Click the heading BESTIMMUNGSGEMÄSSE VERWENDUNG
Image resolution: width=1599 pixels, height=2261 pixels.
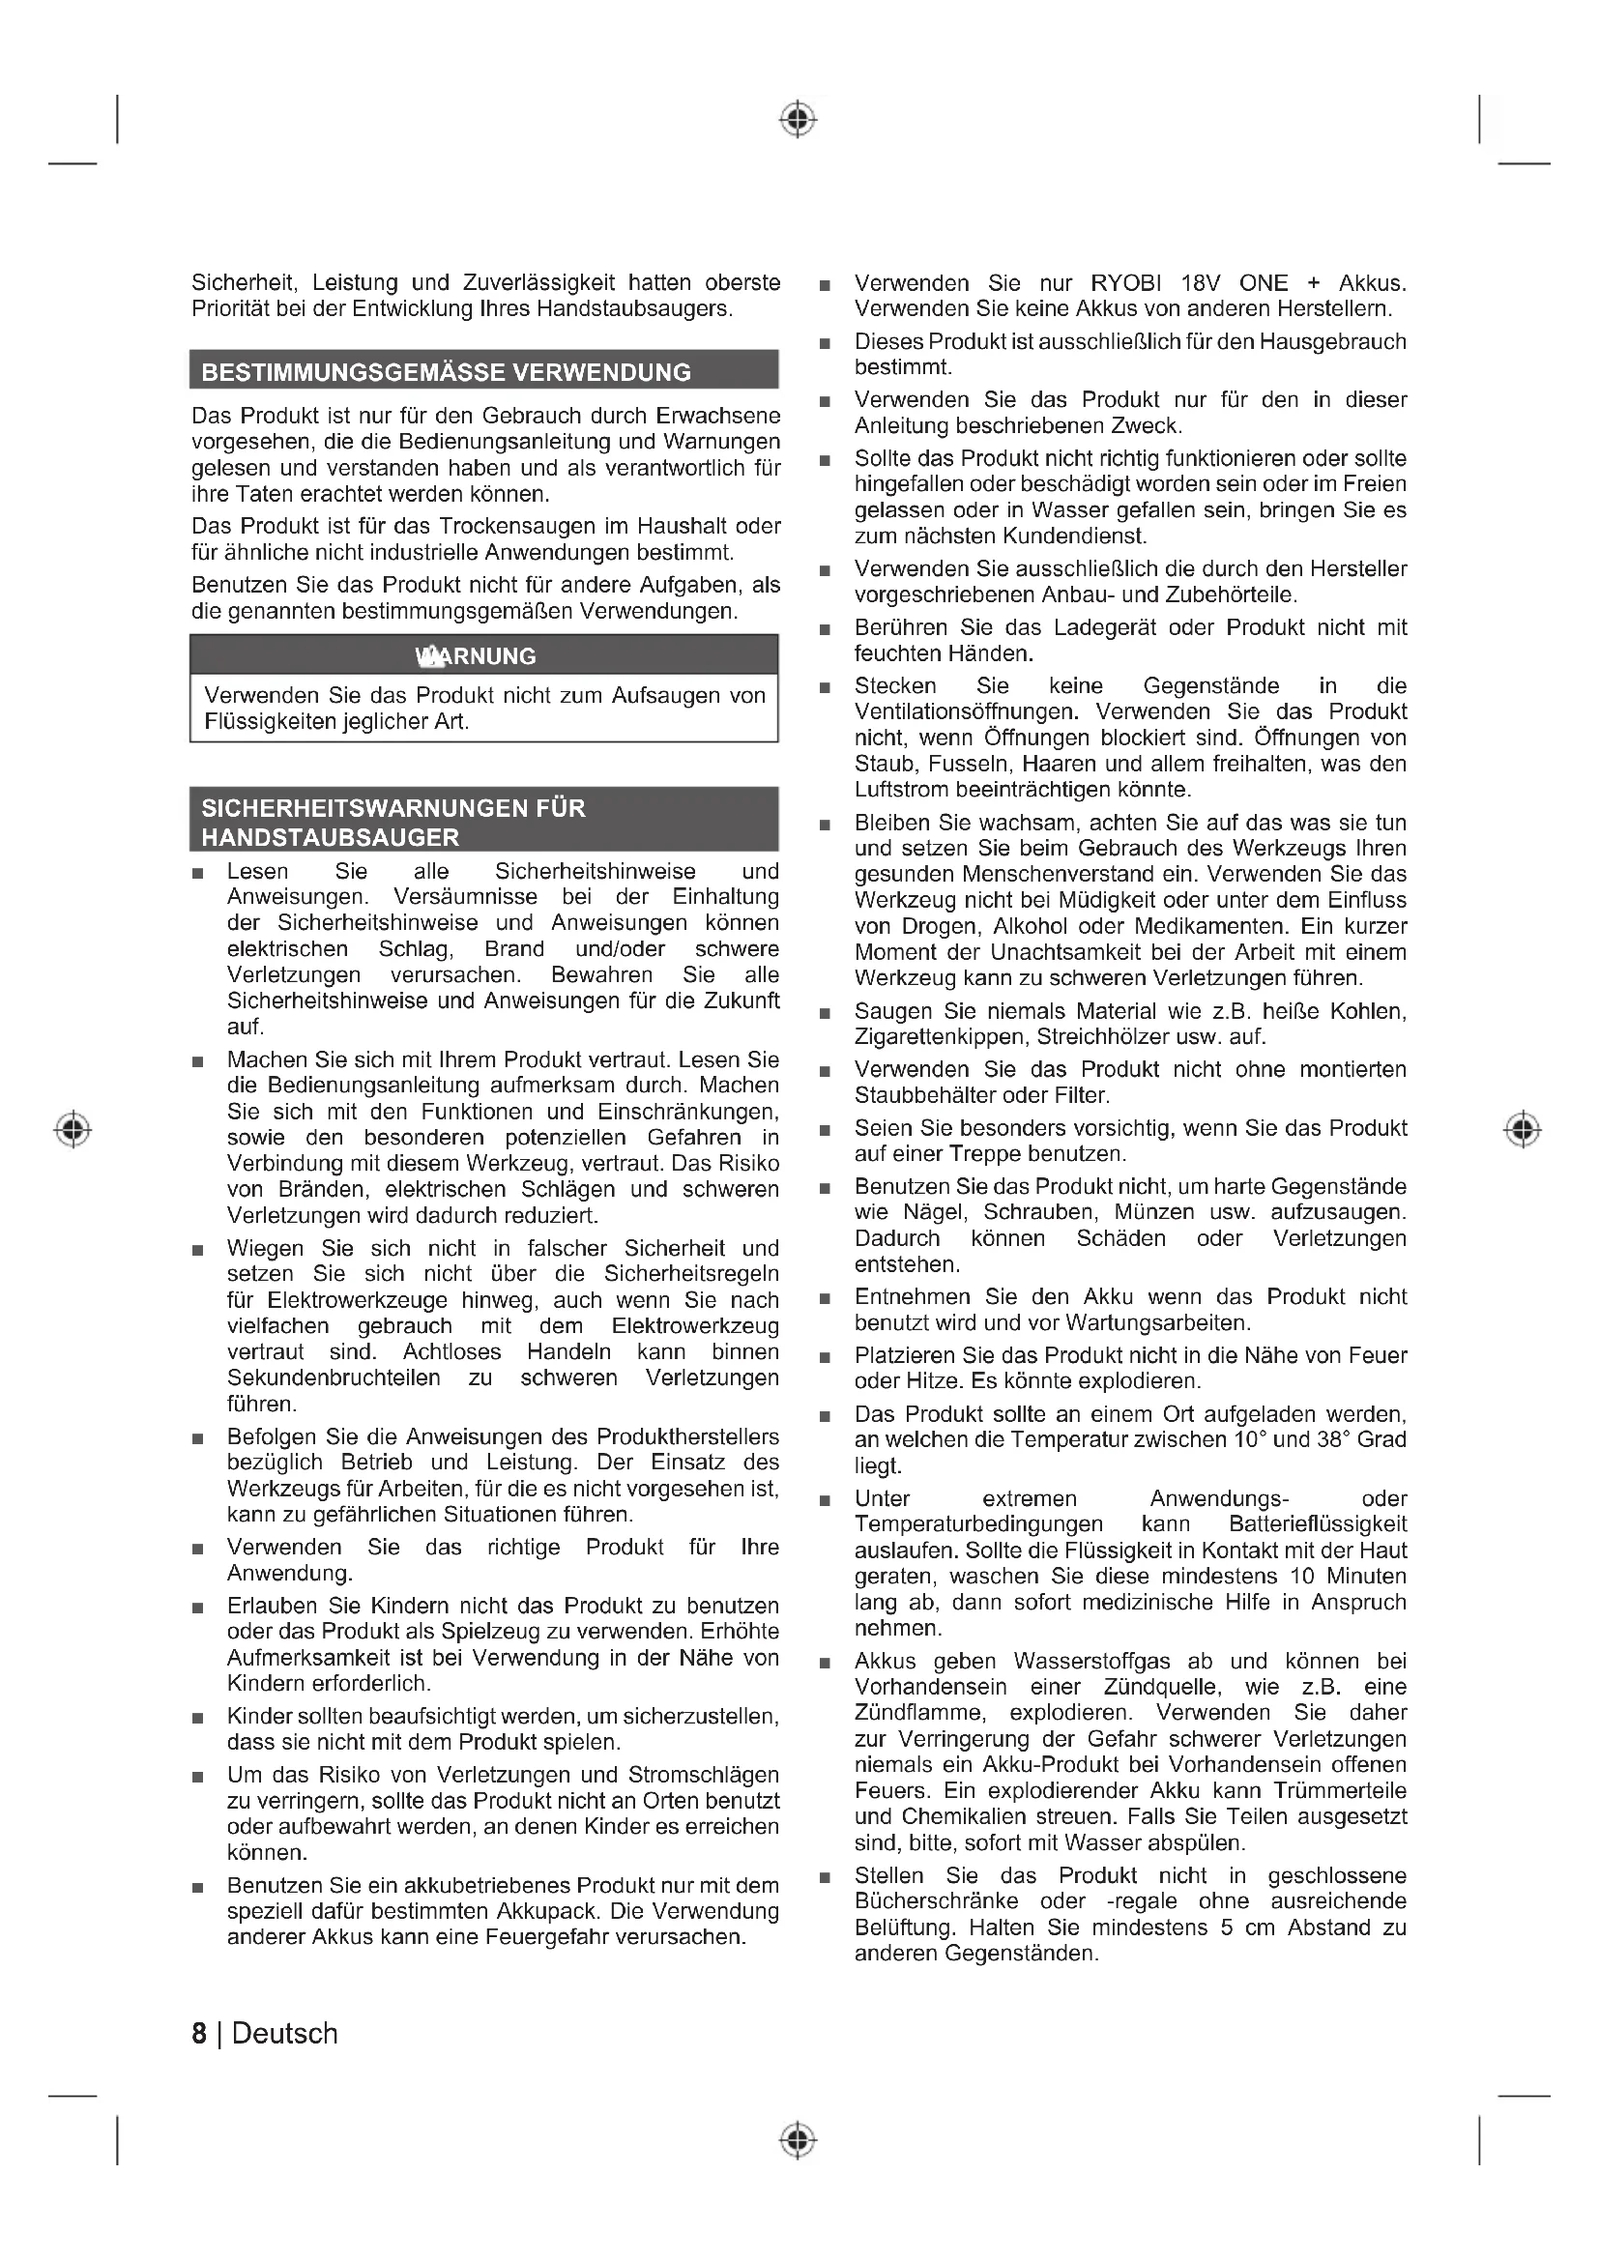pos(446,372)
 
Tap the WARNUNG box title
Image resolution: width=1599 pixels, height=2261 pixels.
pos(477,655)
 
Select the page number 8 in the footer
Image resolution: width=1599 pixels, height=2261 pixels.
pos(199,2034)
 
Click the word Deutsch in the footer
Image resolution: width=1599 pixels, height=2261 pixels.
pos(284,2034)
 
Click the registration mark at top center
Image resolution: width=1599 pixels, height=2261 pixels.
pos(798,119)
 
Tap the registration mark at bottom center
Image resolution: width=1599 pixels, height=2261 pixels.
pos(798,2140)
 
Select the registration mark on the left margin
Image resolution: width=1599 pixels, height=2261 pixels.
pos(72,1128)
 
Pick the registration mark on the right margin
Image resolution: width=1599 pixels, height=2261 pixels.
pos(1523,1128)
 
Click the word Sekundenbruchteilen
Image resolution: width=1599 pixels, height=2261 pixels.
pos(334,1377)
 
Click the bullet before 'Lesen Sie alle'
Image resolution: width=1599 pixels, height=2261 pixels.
pos(198,874)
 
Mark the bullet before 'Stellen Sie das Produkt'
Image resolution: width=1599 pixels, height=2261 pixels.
pos(825,1878)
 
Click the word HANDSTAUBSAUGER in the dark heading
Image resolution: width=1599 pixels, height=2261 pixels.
pos(330,838)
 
